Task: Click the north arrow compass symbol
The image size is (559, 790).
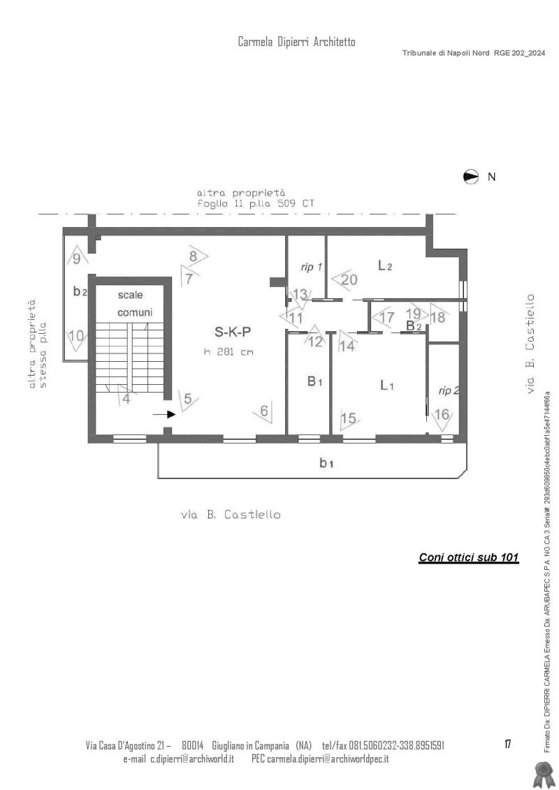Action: pyautogui.click(x=470, y=177)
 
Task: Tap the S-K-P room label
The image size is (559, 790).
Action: pyautogui.click(x=233, y=332)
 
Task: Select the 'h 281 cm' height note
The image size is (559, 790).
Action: pyautogui.click(x=228, y=351)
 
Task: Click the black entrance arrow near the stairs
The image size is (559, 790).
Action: pyautogui.click(x=164, y=414)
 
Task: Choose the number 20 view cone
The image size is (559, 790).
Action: pyautogui.click(x=345, y=279)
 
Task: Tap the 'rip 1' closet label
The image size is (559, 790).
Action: pyautogui.click(x=311, y=267)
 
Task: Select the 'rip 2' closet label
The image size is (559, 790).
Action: pyautogui.click(x=449, y=390)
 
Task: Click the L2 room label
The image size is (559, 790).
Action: pyautogui.click(x=385, y=265)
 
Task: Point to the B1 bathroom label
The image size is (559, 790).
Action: pyautogui.click(x=315, y=381)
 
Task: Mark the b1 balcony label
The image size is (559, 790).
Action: pyautogui.click(x=326, y=462)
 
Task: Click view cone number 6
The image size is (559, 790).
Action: pyautogui.click(x=263, y=411)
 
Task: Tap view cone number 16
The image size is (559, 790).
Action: pyautogui.click(x=442, y=417)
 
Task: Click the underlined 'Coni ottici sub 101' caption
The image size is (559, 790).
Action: pyautogui.click(x=469, y=557)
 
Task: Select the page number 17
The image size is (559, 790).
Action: pyautogui.click(x=507, y=744)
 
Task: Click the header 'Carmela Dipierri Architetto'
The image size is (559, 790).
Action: pyautogui.click(x=296, y=42)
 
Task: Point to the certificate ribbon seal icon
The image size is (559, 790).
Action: pyautogui.click(x=543, y=775)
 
